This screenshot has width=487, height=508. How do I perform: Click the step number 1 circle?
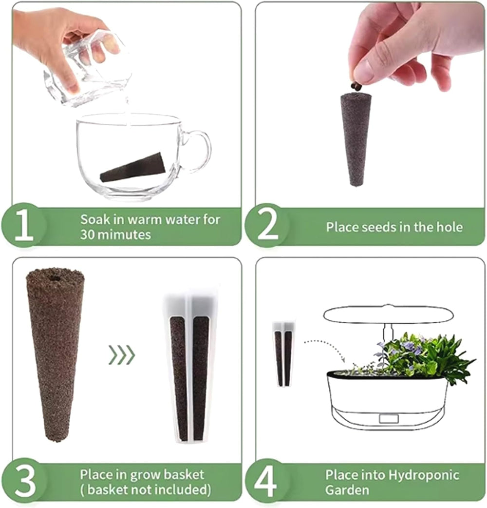pos(23,226)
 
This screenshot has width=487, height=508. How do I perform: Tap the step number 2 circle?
pos(267,226)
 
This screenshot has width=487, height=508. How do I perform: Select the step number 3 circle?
pos(24,481)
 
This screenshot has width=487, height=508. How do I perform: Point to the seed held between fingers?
pos(356,86)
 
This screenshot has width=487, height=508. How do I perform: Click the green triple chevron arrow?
pos(121,356)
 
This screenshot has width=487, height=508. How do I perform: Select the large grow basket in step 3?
pos(190,366)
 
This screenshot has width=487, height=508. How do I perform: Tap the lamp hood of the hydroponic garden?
pos(388,314)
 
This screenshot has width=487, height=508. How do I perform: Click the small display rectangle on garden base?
pos(389,418)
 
